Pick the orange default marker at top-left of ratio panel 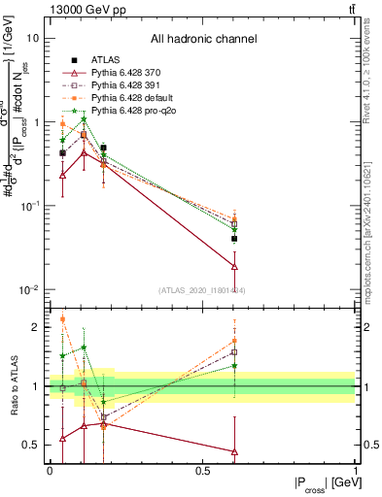coord(63,318)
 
